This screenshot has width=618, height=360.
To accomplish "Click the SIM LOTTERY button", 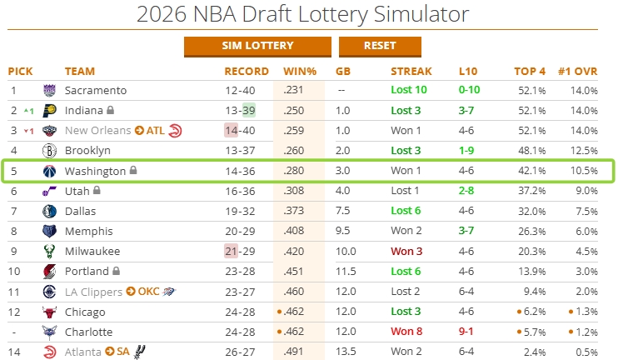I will pyautogui.click(x=257, y=46).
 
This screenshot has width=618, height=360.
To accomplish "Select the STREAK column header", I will pyautogui.click(x=411, y=71).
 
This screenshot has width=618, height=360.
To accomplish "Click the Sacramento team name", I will pyautogui.click(x=96, y=90).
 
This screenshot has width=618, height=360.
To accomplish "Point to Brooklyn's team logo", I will pyautogui.click(x=49, y=151).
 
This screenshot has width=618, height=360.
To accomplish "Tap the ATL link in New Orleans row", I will pyautogui.click(x=155, y=130).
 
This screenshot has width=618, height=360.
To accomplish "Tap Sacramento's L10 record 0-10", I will pyautogui.click(x=468, y=90).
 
